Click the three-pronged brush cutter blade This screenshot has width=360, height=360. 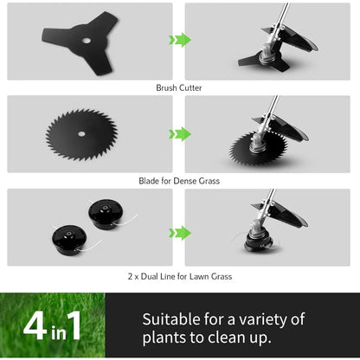pos(61,33)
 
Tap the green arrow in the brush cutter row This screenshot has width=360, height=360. pos(179,40)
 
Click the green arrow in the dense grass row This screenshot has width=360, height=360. pos(179,133)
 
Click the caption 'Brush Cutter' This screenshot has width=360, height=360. pos(179,87)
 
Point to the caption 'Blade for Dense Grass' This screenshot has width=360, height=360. pos(179,181)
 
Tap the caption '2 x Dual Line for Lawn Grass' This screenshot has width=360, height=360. pos(179,277)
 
